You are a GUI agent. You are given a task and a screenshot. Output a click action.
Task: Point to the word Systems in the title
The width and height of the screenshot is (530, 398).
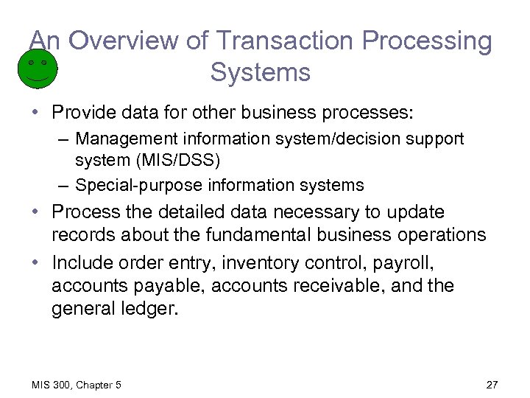[x=260, y=72]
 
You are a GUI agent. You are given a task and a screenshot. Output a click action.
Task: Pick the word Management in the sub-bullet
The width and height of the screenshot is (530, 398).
[x=121, y=139]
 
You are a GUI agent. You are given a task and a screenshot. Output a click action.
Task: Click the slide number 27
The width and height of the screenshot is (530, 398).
[x=492, y=385]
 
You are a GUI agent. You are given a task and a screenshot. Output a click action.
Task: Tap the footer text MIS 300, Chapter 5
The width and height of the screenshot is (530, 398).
[x=76, y=385]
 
